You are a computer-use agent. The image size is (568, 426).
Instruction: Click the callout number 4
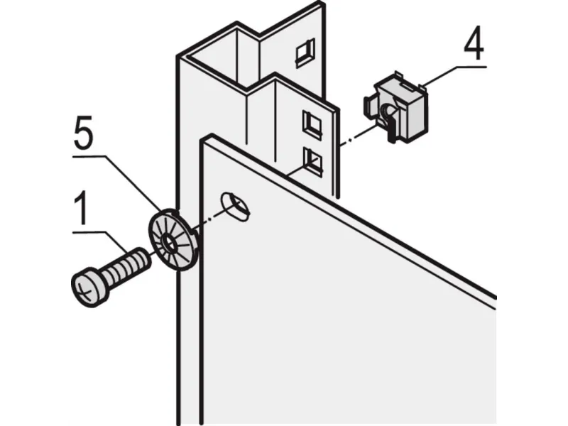[474, 43]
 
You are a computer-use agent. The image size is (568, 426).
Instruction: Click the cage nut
[396, 107]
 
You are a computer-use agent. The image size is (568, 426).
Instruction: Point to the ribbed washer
[173, 240]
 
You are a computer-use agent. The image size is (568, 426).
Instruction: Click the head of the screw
[90, 287]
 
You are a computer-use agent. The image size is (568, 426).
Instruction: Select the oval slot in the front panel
[236, 206]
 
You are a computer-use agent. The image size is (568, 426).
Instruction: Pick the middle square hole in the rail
[312, 125]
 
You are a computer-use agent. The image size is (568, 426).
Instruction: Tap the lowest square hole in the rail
[312, 162]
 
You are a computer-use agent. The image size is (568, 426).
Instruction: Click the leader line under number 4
[454, 75]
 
